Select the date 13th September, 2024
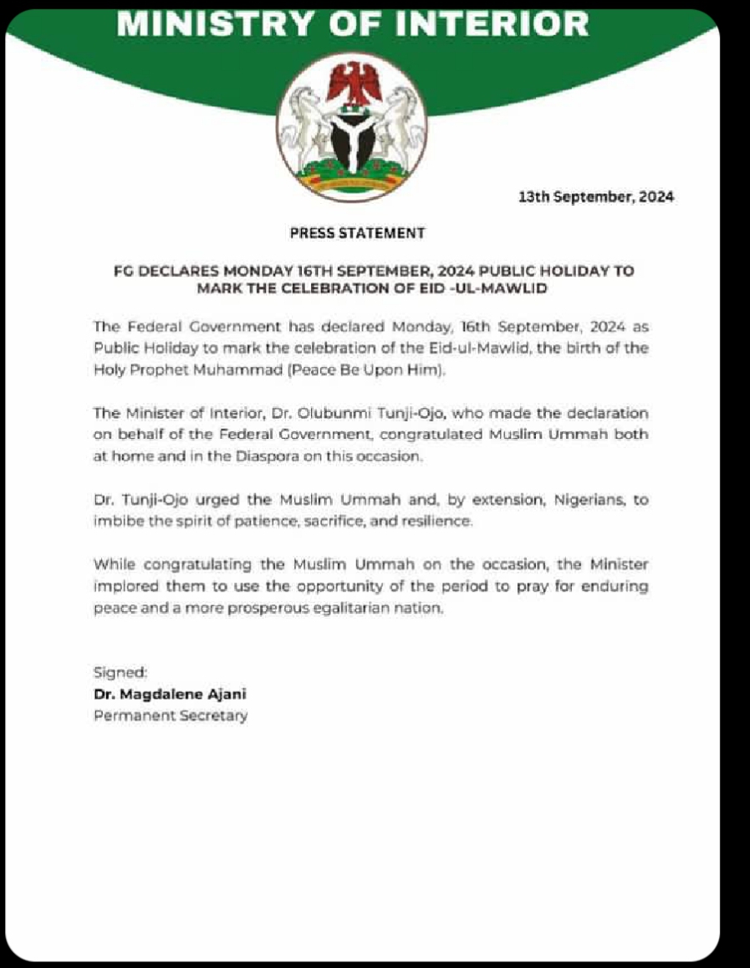pos(596,198)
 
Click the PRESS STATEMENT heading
pos(357,233)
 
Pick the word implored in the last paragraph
pos(123,587)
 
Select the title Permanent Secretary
pos(171,715)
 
